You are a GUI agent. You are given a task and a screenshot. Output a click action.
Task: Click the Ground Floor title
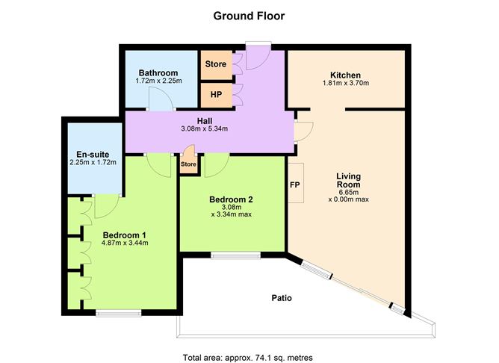click(249, 15)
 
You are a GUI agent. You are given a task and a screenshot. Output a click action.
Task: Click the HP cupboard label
click(215, 95)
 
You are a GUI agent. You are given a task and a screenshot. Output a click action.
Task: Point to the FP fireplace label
click(294, 183)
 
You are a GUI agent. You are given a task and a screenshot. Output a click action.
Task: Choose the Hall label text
click(205, 120)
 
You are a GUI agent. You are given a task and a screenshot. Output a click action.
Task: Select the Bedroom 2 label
click(231, 199)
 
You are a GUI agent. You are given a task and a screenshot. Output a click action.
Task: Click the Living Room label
click(348, 180)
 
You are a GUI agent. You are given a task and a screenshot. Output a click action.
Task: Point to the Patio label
click(281, 298)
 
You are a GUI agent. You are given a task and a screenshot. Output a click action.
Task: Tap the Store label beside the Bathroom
click(215, 64)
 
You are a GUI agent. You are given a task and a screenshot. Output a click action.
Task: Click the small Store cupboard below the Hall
click(188, 164)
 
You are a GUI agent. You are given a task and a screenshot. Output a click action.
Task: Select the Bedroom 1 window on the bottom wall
click(118, 314)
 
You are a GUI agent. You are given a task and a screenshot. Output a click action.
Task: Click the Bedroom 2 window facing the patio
click(235, 255)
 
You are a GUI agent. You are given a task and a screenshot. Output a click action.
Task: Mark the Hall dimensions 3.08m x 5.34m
click(205, 128)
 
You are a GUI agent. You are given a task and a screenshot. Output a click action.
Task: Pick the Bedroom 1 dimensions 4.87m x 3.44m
click(125, 243)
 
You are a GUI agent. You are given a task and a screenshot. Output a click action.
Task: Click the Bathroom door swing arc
click(155, 99)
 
